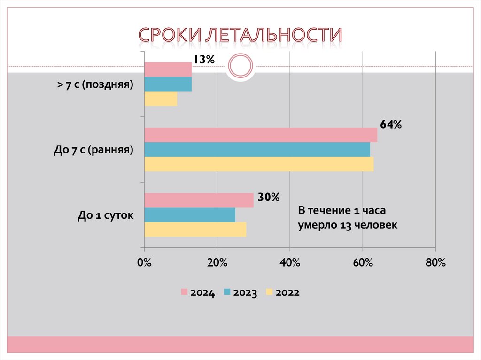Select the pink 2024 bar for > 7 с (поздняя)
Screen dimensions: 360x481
pyautogui.click(x=168, y=69)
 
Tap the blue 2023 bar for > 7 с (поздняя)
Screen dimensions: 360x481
pyautogui.click(x=168, y=84)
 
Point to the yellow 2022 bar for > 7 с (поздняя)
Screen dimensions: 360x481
pyautogui.click(x=161, y=99)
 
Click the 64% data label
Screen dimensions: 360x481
pyautogui.click(x=391, y=124)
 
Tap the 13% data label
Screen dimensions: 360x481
pyautogui.click(x=203, y=59)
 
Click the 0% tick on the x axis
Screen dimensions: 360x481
pyautogui.click(x=144, y=263)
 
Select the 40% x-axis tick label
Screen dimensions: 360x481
pyautogui.click(x=290, y=263)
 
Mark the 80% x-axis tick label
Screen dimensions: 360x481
pyautogui.click(x=435, y=263)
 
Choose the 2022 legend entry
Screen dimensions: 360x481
pyautogui.click(x=282, y=293)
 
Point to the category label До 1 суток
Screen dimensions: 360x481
pyautogui.click(x=106, y=215)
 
